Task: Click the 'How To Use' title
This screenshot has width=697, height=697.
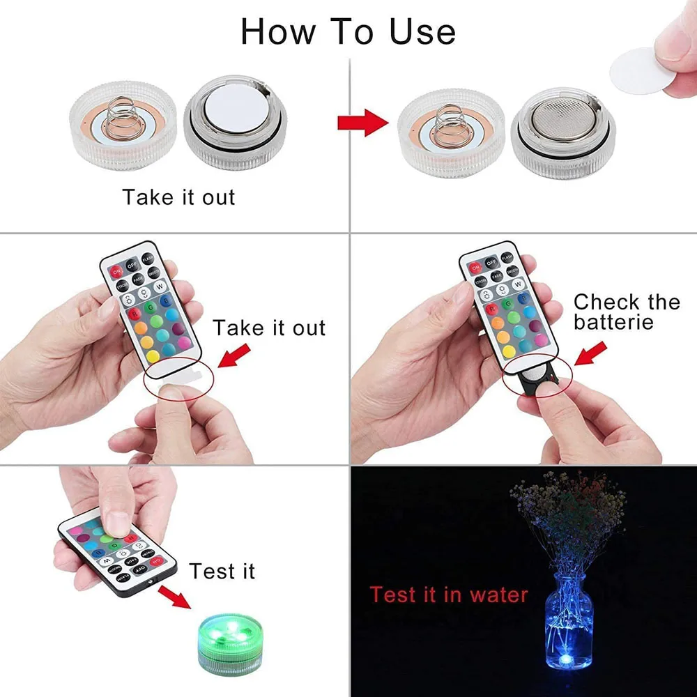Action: pyautogui.click(x=348, y=31)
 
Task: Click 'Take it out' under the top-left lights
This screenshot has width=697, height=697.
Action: pyautogui.click(x=179, y=197)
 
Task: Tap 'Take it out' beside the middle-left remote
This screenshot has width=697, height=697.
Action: pyautogui.click(x=269, y=327)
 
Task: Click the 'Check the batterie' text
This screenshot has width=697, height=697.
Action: pyautogui.click(x=626, y=312)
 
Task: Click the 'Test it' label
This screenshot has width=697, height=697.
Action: pyautogui.click(x=222, y=572)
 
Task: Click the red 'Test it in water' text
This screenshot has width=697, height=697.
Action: pyautogui.click(x=449, y=595)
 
